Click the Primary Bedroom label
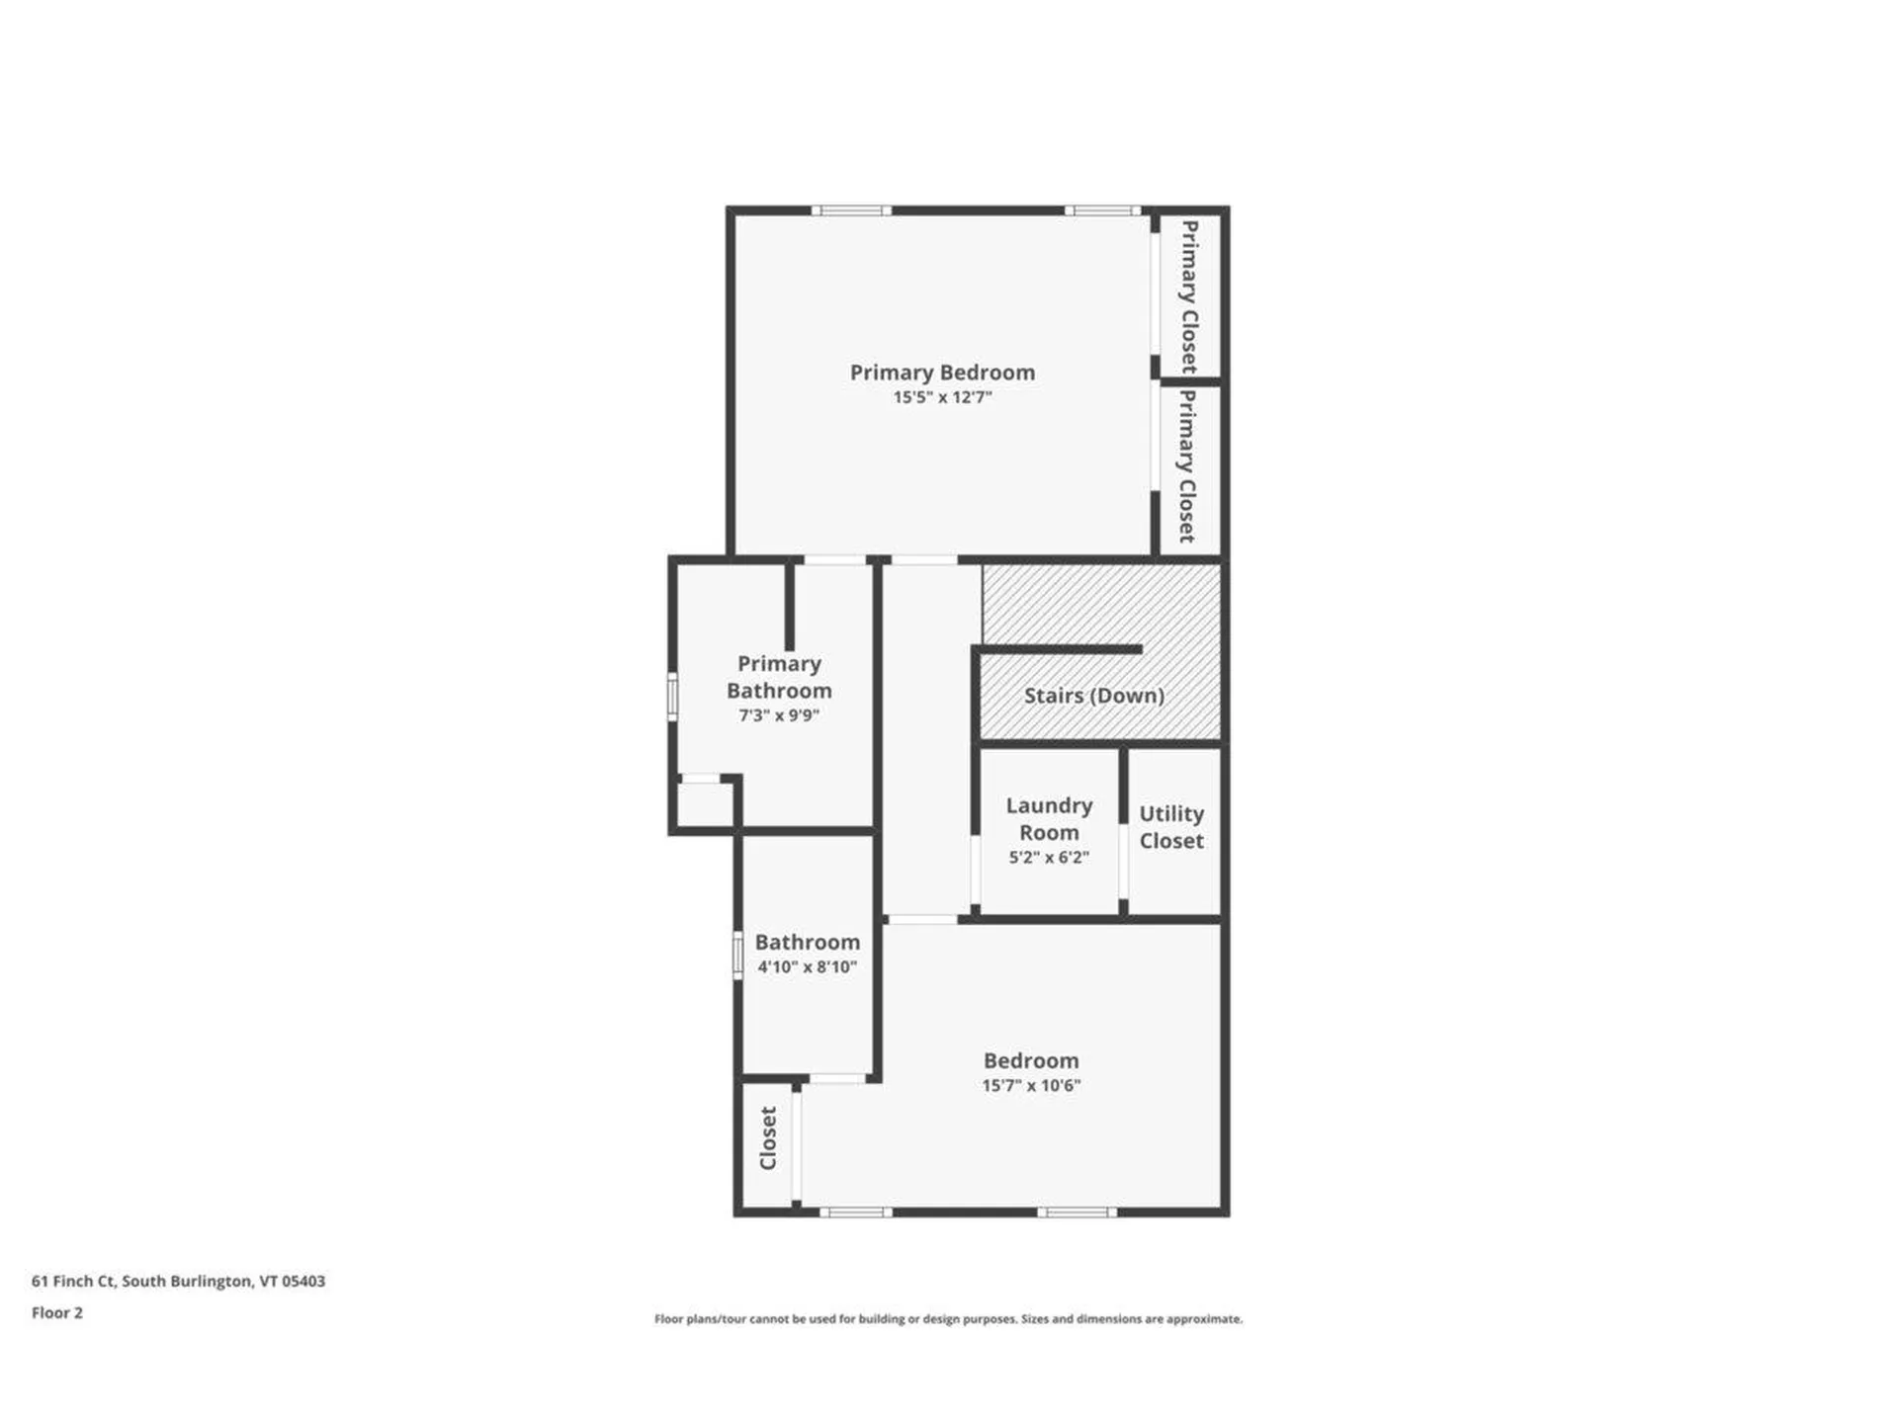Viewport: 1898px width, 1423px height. tap(942, 373)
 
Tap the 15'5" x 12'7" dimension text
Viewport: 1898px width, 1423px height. tap(942, 397)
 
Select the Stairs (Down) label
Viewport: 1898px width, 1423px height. tap(1093, 696)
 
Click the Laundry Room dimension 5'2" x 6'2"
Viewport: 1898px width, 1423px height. tap(1049, 858)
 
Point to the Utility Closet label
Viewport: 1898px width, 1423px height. tap(1171, 827)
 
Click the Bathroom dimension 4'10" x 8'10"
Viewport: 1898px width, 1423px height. tap(807, 967)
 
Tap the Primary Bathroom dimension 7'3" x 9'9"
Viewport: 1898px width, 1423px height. tap(779, 715)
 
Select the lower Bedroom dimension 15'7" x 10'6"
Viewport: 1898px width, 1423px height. tap(1031, 1086)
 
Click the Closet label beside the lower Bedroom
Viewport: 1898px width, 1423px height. tap(768, 1138)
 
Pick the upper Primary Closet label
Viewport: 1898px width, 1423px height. tap(1189, 295)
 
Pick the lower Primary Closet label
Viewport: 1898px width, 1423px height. tap(1187, 465)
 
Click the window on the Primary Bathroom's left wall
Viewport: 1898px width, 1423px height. tap(672, 696)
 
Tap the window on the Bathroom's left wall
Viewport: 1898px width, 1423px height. tap(737, 956)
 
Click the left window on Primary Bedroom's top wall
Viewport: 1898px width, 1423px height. tap(851, 210)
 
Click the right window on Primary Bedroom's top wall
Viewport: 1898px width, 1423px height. tap(1102, 210)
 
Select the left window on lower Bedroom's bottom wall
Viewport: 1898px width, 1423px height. tap(856, 1213)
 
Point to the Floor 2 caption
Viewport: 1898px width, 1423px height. tap(57, 1313)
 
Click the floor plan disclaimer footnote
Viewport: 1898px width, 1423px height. tap(948, 1319)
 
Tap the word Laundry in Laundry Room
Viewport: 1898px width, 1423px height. tap(1049, 806)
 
